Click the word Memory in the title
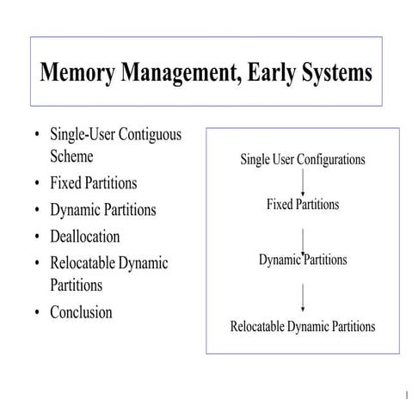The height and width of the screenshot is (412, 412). coord(75,71)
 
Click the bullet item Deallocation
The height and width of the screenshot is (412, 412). coord(85,236)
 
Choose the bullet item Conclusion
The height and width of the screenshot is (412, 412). coord(81,312)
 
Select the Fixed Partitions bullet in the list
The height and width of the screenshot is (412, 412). coord(93,183)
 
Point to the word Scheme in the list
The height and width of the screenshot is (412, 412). coord(71,157)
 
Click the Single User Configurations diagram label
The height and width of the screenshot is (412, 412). coord(303,159)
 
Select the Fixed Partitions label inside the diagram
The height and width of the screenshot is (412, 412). coord(303,205)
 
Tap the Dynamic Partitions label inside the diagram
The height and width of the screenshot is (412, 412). coord(303,259)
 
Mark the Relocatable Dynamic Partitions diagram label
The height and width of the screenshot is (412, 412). coord(303,327)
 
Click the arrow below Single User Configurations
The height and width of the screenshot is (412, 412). coord(303,182)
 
